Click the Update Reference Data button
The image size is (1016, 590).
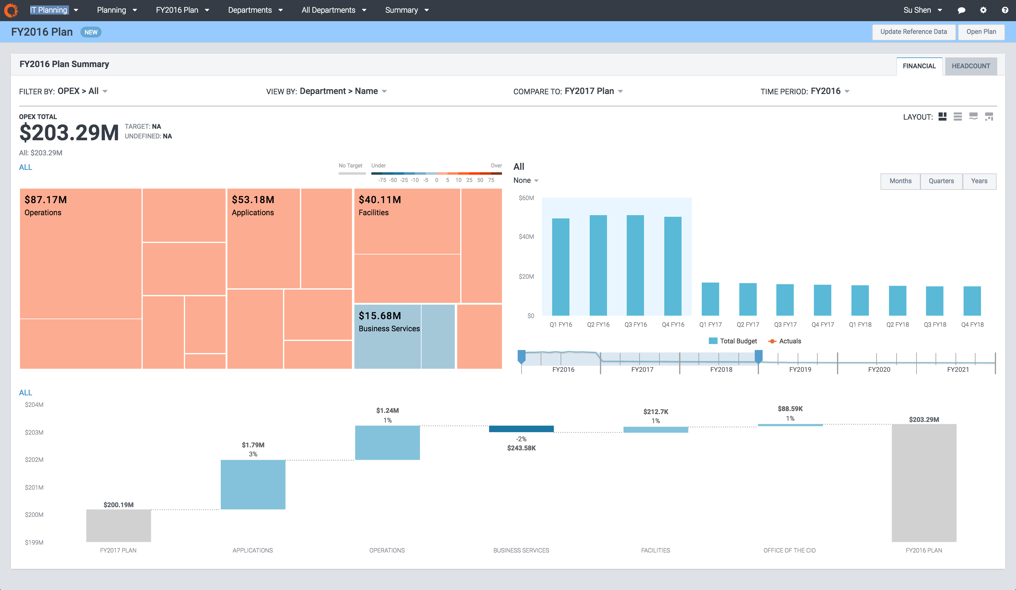[x=913, y=32]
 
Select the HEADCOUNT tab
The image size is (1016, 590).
[x=970, y=66]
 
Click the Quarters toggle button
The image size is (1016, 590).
[x=941, y=181]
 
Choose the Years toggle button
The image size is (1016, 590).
[x=979, y=181]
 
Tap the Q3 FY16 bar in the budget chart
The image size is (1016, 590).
[x=635, y=266]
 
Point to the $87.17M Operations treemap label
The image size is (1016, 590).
[x=45, y=206]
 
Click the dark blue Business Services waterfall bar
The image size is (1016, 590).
[x=521, y=429]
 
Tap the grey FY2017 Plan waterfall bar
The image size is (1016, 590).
[x=119, y=526]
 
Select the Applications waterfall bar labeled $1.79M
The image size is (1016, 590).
[x=253, y=485]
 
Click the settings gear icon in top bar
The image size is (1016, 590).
[x=983, y=10]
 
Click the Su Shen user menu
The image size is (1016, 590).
[x=922, y=10]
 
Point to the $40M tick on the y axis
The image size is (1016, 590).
[x=526, y=237]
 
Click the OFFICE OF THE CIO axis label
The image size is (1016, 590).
[x=789, y=550]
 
